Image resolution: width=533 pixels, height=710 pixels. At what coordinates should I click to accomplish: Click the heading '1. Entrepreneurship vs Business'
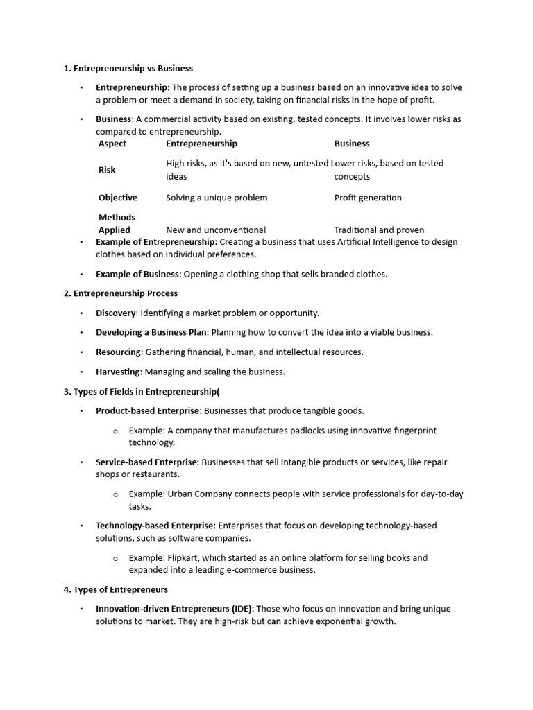click(128, 68)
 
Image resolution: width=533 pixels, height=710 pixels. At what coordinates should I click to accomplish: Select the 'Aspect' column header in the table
click(112, 144)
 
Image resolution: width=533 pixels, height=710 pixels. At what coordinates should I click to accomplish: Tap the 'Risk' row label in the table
click(107, 170)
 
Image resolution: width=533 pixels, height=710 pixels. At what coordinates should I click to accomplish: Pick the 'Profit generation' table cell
click(368, 198)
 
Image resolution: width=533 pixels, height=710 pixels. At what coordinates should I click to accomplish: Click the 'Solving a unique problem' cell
click(217, 198)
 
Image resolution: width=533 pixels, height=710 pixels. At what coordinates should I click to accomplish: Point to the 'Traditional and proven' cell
click(379, 230)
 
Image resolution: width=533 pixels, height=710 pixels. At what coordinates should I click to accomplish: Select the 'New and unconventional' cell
click(216, 230)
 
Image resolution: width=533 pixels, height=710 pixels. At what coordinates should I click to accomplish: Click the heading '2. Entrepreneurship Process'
click(121, 293)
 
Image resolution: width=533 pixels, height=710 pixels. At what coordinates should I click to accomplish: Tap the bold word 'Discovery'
click(115, 313)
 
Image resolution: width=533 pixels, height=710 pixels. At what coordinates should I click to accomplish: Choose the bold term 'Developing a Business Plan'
click(151, 332)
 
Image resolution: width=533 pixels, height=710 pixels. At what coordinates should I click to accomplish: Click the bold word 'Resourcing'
click(118, 352)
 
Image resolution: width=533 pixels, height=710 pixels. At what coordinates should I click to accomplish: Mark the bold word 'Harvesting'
click(117, 372)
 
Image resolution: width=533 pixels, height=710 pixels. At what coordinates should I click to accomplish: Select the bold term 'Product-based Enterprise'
click(148, 410)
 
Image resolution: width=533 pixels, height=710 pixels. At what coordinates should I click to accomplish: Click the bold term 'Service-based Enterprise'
click(146, 462)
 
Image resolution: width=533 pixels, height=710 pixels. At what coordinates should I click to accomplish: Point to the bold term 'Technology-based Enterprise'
click(155, 526)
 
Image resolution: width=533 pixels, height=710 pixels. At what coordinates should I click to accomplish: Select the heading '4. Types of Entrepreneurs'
click(116, 589)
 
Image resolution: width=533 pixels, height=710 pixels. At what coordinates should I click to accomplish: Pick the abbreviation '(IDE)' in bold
click(242, 609)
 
